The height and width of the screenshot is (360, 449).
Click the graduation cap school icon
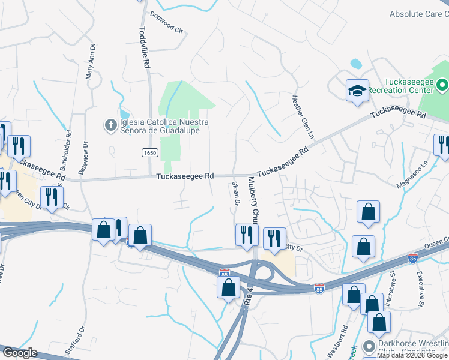357,91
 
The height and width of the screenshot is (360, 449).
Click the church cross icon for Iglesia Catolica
110,125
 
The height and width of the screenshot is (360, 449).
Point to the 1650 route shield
150,153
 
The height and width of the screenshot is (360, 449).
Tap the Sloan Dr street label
235,194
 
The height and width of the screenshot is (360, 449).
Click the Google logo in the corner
19,353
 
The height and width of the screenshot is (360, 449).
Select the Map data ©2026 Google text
412,356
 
